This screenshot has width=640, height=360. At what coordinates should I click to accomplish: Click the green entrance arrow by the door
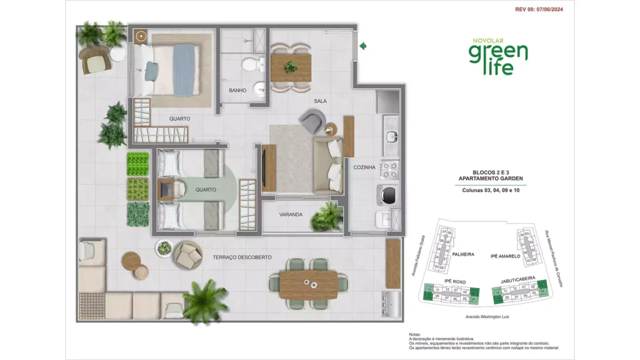[363, 45]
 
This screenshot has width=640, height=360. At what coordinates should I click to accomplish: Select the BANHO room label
[237, 91]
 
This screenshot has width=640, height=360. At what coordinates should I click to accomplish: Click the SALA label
[321, 101]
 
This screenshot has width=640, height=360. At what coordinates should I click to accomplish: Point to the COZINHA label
[364, 167]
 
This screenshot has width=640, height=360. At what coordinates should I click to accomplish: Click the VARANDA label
[291, 214]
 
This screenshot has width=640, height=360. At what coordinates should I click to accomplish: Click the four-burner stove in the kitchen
[390, 169]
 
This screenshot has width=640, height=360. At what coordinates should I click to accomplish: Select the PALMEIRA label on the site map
[463, 255]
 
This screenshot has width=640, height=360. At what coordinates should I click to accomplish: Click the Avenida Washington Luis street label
[490, 317]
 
